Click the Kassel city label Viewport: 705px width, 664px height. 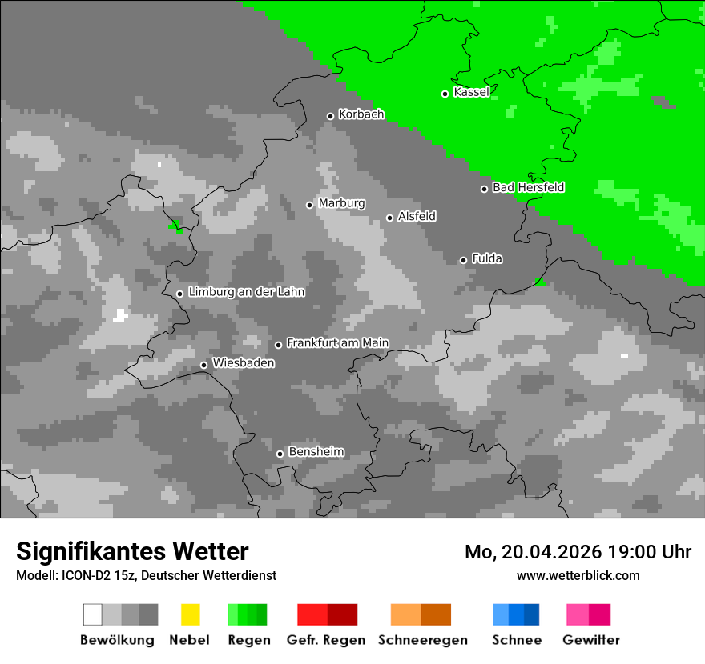coord(471,92)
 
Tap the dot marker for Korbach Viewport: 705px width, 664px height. coord(330,116)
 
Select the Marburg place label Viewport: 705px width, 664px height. coord(341,203)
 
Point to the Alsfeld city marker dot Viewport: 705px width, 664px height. coord(389,218)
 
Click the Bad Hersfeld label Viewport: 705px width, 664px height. coord(528,187)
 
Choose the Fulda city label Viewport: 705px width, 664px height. coord(487,258)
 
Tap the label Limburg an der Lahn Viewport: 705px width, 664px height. coord(246,292)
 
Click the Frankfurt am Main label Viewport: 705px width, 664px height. coord(337,343)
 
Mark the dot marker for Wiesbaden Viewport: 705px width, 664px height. coord(203,365)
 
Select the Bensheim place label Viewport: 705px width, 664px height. coord(316,452)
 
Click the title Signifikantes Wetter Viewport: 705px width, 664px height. coord(132,551)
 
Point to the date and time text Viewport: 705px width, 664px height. coord(578,552)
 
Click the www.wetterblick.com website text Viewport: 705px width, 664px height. coord(578,575)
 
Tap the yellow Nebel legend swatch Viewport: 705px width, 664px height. coord(190,614)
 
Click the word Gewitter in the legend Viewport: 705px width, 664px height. coord(591,640)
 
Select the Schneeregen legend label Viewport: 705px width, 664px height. coord(422,640)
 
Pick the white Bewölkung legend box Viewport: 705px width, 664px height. coord(93,614)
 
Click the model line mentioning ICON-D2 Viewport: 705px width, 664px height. coord(146,575)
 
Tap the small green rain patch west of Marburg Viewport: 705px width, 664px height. coord(176,226)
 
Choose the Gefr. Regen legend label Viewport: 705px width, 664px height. coord(326,640)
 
